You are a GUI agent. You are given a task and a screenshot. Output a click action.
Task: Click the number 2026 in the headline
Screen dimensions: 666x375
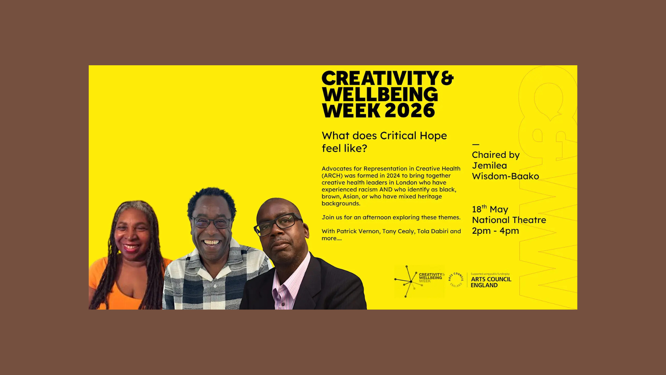tap(410, 110)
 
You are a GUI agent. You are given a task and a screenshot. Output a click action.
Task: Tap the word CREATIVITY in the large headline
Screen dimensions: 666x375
tap(381, 78)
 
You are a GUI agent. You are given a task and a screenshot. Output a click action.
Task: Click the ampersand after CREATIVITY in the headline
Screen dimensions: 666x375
tap(447, 78)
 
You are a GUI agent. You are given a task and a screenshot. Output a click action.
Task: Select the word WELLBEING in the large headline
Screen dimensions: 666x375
tap(380, 94)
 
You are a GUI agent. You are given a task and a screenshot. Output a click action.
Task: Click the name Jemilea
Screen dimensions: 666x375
tap(489, 166)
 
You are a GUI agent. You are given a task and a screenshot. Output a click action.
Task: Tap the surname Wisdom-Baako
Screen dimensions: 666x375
tap(505, 176)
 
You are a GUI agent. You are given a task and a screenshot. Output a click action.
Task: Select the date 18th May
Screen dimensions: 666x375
tap(490, 209)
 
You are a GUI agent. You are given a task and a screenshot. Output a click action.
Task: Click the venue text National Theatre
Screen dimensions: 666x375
tap(509, 220)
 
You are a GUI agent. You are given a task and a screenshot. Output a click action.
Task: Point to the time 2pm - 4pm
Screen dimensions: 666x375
tap(495, 231)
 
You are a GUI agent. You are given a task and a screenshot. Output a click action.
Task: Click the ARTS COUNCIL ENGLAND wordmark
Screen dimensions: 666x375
tap(491, 282)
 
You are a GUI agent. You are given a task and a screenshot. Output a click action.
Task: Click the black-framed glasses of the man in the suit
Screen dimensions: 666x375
tap(277, 224)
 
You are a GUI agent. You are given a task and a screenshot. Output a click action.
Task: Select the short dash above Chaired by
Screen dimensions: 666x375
tap(476, 144)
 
